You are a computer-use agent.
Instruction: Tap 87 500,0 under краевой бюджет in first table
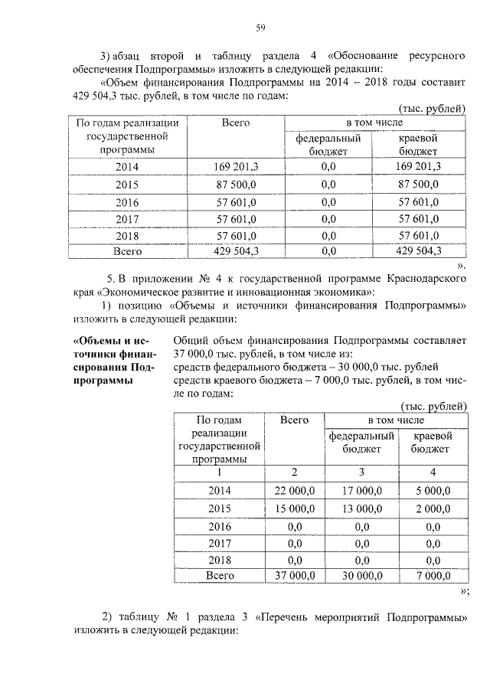418,185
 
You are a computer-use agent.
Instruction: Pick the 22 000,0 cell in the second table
294,490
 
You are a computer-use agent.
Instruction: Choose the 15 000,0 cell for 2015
294,508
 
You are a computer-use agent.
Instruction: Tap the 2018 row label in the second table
219,560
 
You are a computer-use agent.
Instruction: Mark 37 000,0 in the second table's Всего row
294,577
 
